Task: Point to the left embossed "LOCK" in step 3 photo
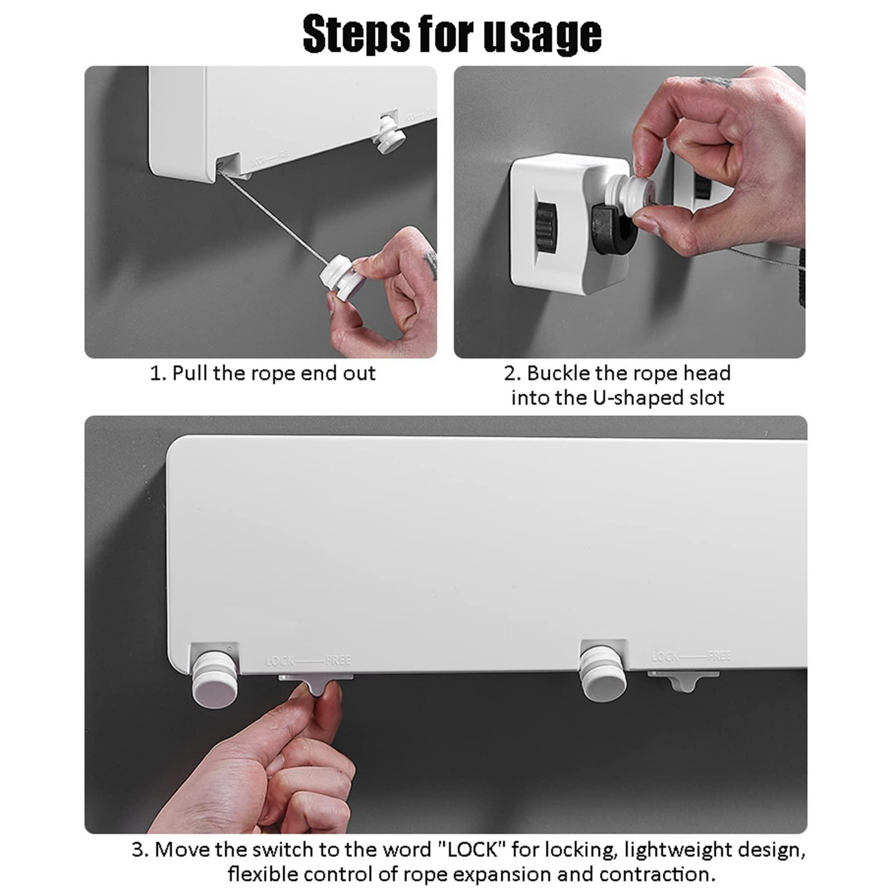280,662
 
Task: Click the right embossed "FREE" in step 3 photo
719,656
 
